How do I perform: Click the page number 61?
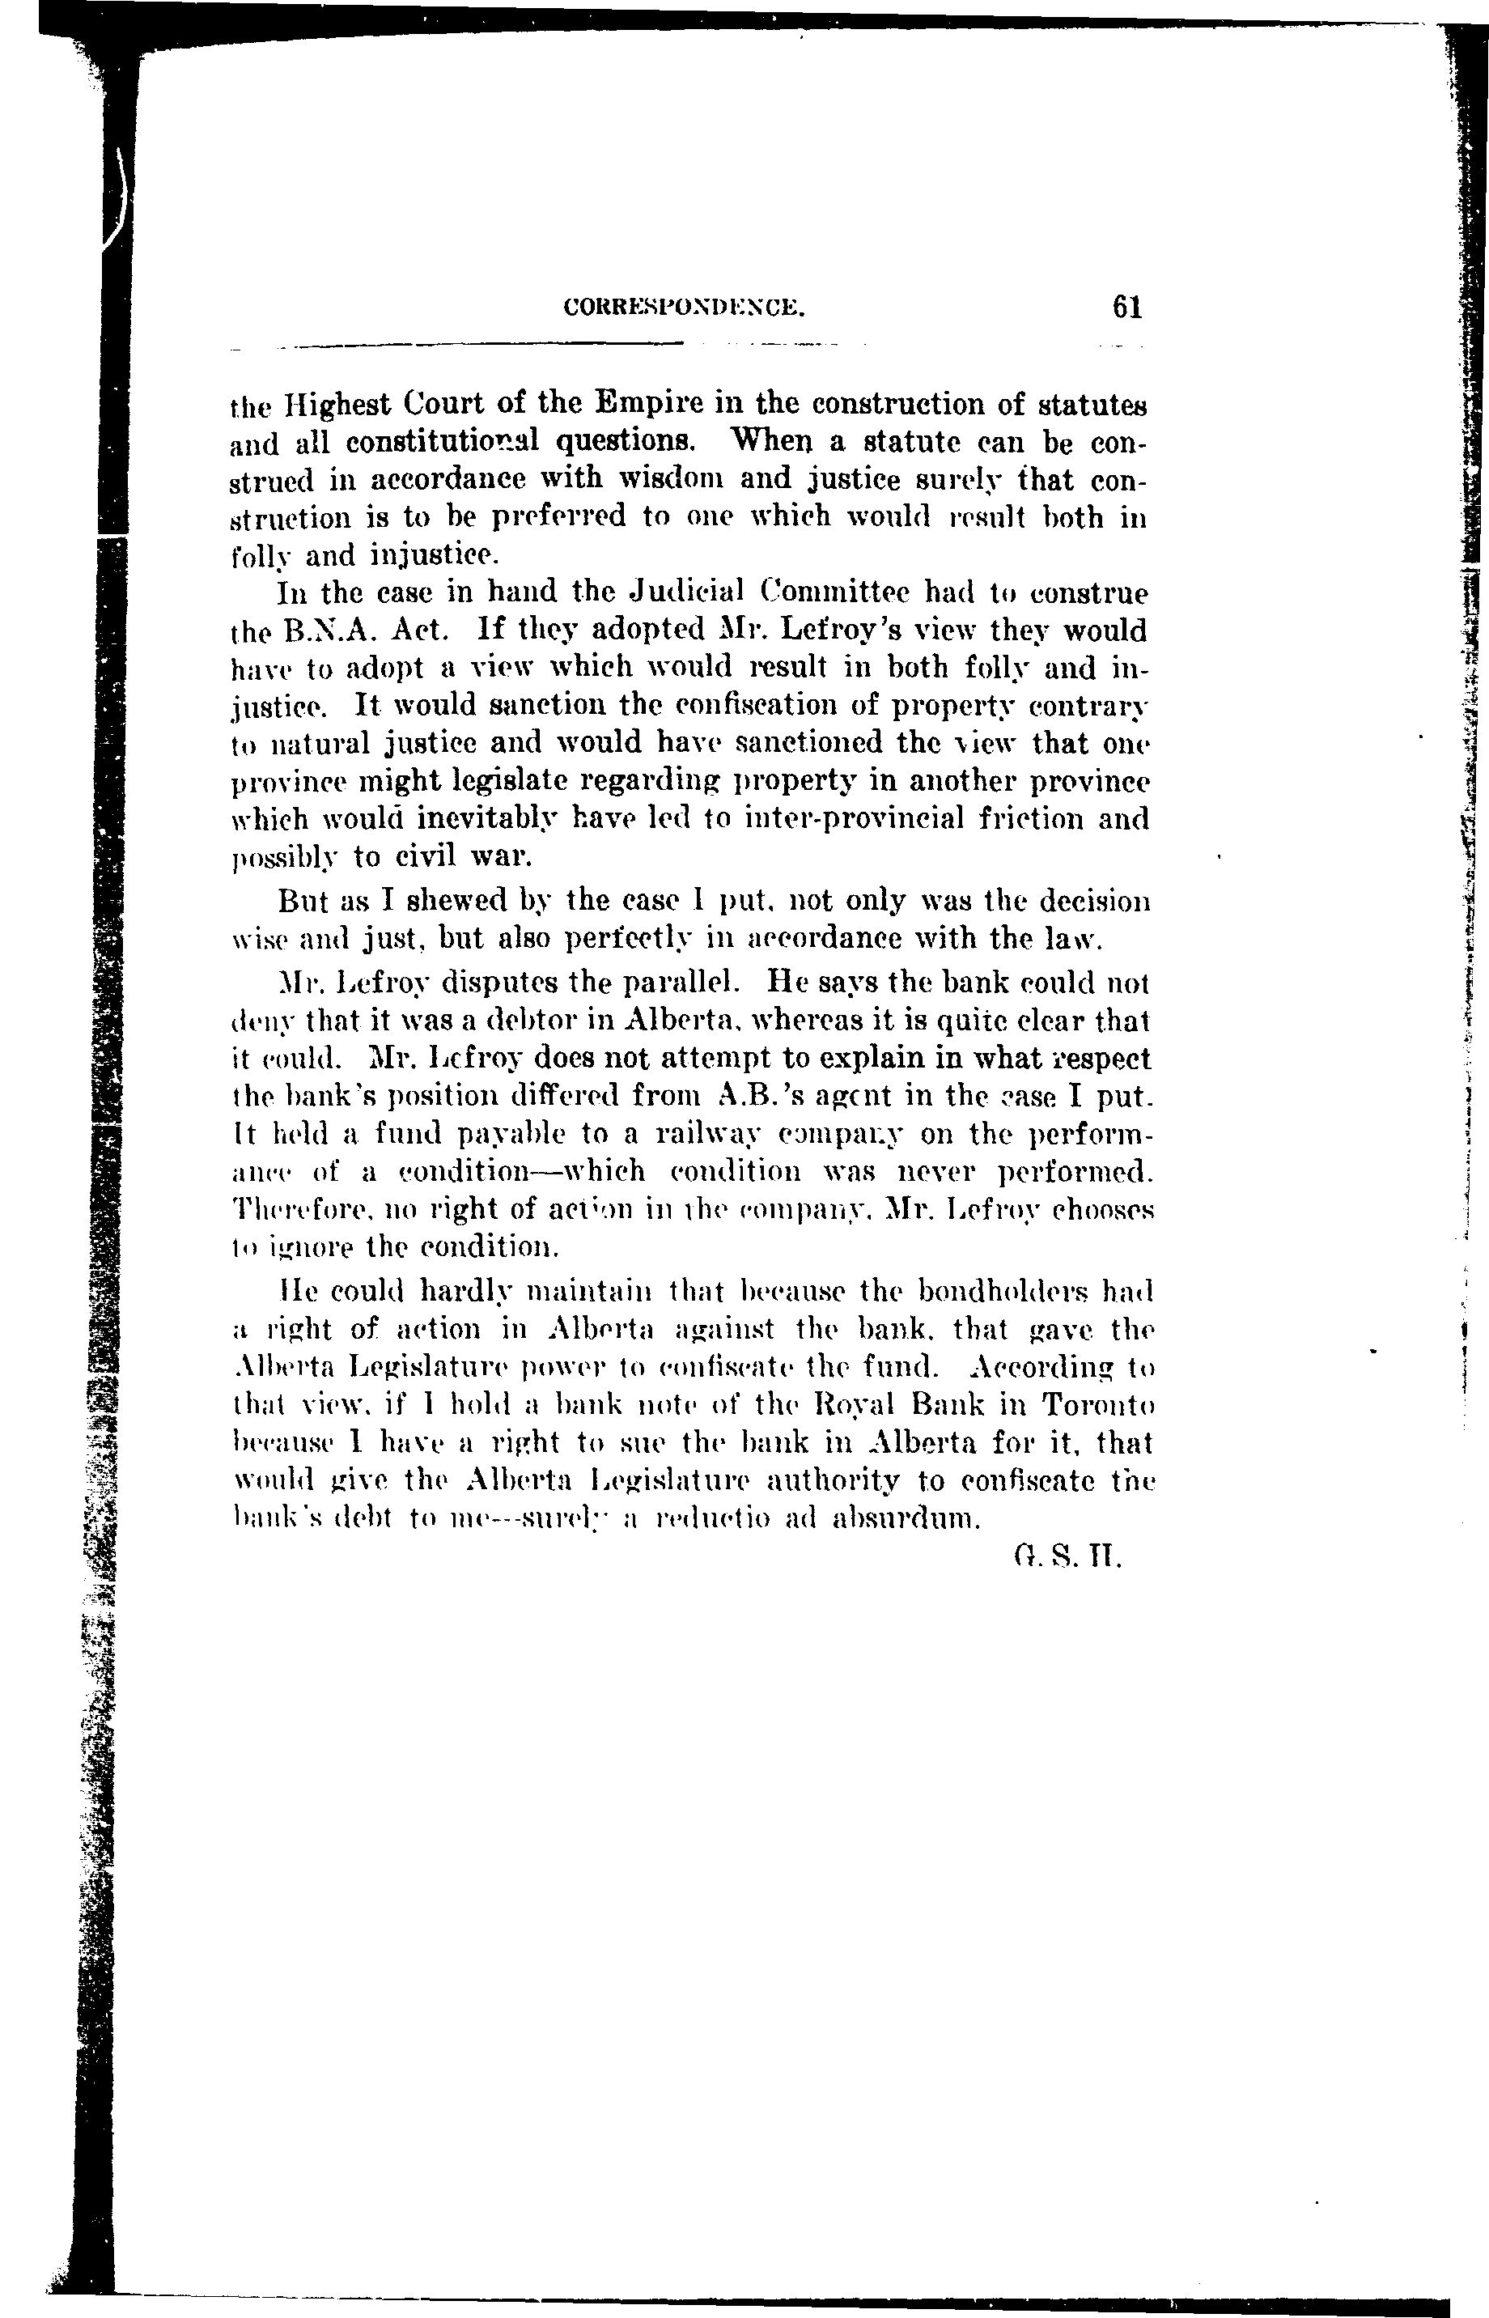pos(1127,308)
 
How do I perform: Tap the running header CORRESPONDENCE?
pos(684,308)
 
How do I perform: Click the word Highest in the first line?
pos(329,402)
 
